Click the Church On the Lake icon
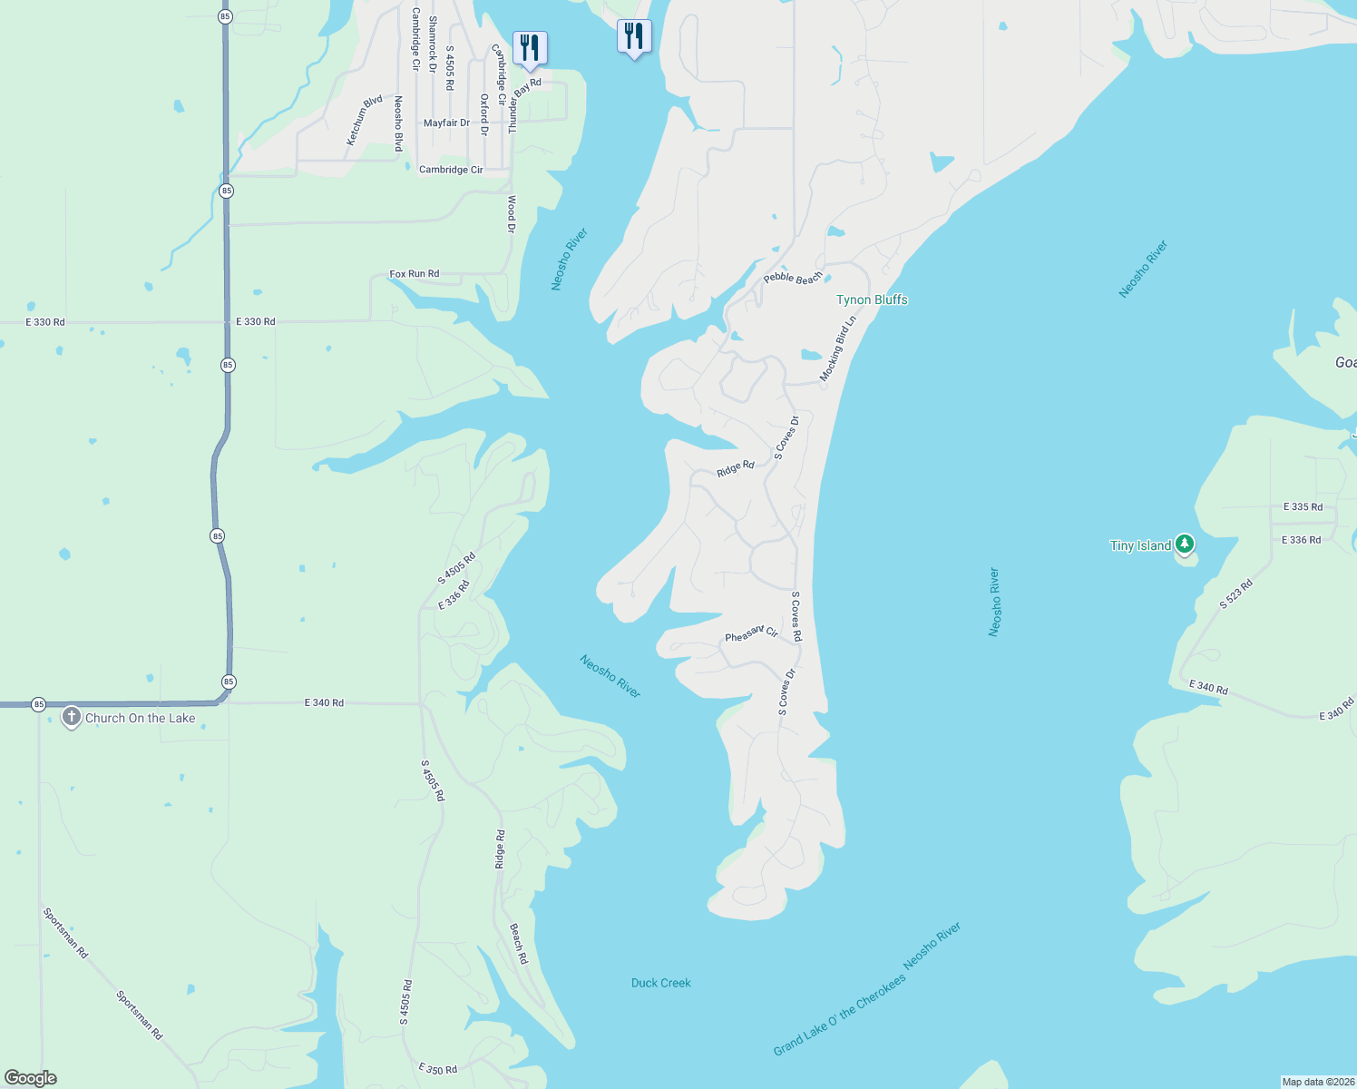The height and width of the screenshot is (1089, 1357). (71, 717)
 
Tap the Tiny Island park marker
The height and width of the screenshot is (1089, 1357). (1184, 544)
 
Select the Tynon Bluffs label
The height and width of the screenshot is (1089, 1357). (872, 299)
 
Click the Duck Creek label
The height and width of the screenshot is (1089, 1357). (660, 983)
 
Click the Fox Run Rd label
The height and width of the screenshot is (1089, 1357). (414, 273)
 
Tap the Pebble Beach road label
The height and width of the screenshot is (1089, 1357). (792, 278)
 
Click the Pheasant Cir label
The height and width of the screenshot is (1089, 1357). (751, 633)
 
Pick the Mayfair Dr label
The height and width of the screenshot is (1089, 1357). (446, 123)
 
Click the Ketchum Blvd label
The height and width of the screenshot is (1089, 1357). (364, 120)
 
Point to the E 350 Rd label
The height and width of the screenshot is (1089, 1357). (437, 1069)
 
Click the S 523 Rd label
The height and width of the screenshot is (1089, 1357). (1235, 593)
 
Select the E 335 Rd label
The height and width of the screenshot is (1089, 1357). (1303, 506)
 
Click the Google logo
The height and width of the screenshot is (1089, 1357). (31, 1078)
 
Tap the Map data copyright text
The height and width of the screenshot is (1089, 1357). (1318, 1082)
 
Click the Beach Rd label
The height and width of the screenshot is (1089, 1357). (517, 944)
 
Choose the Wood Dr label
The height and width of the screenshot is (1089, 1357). (512, 214)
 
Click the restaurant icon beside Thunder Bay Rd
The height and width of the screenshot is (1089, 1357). (530, 47)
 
